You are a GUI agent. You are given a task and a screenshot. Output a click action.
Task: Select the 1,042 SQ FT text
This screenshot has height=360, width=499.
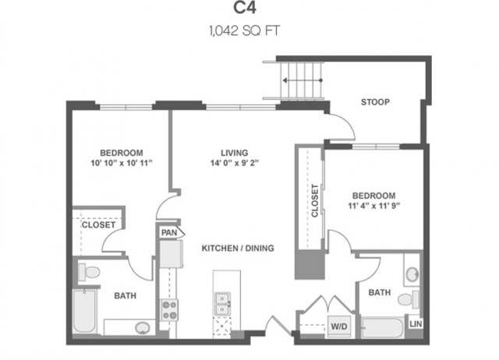(x=249, y=33)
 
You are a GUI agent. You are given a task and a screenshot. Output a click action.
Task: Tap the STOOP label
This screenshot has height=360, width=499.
(x=375, y=102)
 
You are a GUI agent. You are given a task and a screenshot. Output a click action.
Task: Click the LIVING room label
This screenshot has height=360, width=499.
(x=235, y=153)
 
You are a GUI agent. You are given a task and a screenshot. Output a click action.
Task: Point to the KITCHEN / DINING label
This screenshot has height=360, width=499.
(x=238, y=248)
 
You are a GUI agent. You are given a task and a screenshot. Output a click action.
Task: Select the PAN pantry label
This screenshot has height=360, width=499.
(x=168, y=232)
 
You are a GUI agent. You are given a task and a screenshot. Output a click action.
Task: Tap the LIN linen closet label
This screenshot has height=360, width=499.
(x=416, y=323)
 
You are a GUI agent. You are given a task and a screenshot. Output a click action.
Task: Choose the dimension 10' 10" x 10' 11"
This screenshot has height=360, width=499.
(x=121, y=164)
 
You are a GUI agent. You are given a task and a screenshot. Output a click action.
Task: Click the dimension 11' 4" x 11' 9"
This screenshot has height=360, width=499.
(x=373, y=206)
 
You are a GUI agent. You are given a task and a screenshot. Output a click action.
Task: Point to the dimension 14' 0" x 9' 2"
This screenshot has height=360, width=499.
(x=235, y=164)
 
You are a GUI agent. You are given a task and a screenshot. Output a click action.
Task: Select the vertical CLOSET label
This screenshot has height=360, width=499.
(x=315, y=201)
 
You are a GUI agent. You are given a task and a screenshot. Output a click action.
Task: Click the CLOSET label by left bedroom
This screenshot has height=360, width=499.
(x=99, y=224)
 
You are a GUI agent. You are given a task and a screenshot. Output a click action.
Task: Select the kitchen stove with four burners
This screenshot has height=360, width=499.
(x=169, y=310)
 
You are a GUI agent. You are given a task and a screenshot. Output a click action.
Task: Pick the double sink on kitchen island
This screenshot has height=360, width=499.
(x=224, y=302)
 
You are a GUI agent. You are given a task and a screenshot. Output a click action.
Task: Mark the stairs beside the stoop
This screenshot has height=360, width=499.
(x=301, y=79)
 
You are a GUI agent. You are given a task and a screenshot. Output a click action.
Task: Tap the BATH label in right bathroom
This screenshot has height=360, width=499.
(x=380, y=293)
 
